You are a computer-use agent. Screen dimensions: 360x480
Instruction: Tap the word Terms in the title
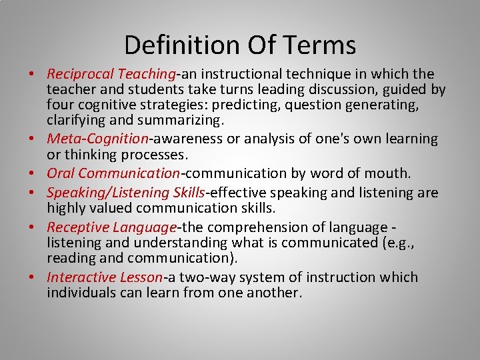coord(321,45)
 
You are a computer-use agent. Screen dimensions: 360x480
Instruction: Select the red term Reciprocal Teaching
coord(110,74)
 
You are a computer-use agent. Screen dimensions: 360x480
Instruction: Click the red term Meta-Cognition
coord(97,139)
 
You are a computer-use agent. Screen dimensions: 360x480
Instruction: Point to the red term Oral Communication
coord(113,173)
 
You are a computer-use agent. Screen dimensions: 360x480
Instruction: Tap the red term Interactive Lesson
coord(105,277)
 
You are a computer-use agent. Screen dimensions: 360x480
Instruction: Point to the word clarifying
coord(72,121)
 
